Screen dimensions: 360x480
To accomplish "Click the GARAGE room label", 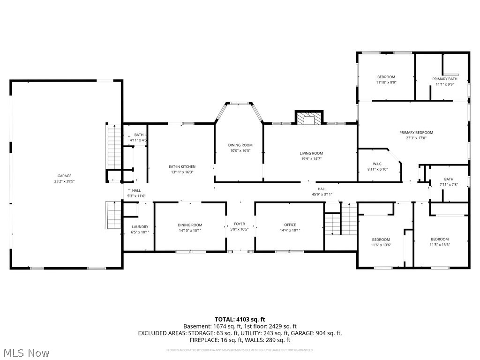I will coord(65,176).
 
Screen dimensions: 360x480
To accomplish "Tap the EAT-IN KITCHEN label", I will coord(182,166).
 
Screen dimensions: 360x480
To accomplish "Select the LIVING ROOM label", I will coord(311,153).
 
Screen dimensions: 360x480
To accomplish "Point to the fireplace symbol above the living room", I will coord(309,119).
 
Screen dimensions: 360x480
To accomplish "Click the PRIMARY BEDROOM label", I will coord(416,133).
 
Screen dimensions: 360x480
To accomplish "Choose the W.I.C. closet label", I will coord(378,164).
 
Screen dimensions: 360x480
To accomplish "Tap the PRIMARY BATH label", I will coord(444,79).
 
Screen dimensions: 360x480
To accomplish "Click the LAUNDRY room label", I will coord(140,227).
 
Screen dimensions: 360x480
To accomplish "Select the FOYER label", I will coord(240,224).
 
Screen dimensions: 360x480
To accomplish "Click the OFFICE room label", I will coord(290,225).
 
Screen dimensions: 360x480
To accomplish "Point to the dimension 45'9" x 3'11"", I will coord(322,194).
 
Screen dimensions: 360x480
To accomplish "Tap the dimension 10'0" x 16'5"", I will coord(240,150).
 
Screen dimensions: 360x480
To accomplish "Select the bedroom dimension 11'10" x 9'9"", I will coord(386,82).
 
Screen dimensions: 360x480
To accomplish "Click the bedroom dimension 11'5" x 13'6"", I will coord(440,244).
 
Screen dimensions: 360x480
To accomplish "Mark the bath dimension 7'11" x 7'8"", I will coord(449,184).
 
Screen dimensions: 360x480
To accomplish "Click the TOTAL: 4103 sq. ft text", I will coord(240,320).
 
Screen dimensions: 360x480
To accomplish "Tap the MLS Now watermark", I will coord(26,352).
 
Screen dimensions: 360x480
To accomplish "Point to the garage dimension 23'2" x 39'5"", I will coord(65,181).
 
